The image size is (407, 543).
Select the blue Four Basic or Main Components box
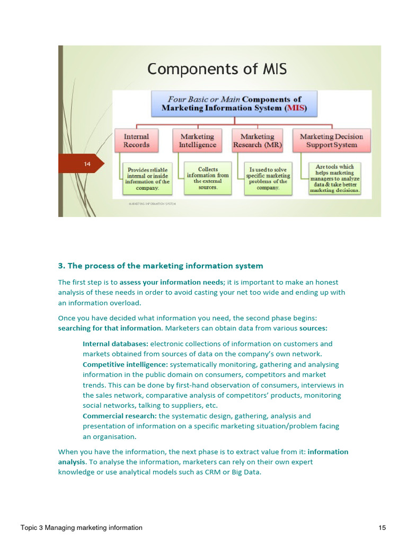[234, 104]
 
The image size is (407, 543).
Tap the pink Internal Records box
[136, 141]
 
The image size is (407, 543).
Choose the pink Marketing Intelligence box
[197, 141]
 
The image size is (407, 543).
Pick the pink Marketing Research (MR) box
[258, 141]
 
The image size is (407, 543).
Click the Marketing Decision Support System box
[331, 141]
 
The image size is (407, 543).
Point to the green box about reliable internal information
[147, 179]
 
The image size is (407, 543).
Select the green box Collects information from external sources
[208, 178]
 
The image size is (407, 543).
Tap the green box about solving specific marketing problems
[268, 179]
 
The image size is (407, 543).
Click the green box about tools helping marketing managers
[334, 178]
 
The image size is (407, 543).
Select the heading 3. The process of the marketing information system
[160, 266]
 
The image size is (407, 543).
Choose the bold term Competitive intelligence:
[125, 364]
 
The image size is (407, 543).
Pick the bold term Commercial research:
[120, 416]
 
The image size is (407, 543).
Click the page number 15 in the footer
[382, 528]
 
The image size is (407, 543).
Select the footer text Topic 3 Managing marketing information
[82, 528]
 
